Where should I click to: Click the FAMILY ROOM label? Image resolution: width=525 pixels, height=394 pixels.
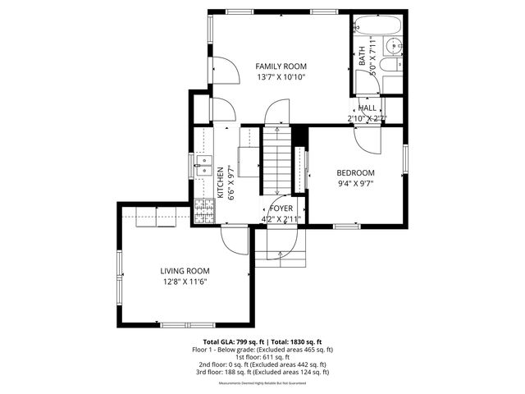(x=281, y=66)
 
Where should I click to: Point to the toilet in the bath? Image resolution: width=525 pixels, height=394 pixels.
(x=392, y=82)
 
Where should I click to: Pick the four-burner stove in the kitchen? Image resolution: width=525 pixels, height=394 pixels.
(x=203, y=212)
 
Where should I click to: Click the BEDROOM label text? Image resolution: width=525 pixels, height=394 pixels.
(x=355, y=172)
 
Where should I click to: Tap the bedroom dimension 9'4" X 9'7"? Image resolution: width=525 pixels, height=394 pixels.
(x=355, y=185)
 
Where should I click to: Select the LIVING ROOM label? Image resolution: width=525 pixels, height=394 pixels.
(x=185, y=271)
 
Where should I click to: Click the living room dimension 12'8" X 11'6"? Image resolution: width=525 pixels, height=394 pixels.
(x=185, y=283)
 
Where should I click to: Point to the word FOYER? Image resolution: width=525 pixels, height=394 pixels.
(x=281, y=208)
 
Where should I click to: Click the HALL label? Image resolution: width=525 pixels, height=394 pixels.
(x=367, y=108)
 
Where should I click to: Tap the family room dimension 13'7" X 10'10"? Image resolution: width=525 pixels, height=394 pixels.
(x=281, y=78)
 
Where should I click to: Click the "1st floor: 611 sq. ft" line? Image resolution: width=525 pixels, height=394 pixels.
(x=262, y=357)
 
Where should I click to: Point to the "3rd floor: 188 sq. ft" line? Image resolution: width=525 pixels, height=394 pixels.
(x=262, y=372)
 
